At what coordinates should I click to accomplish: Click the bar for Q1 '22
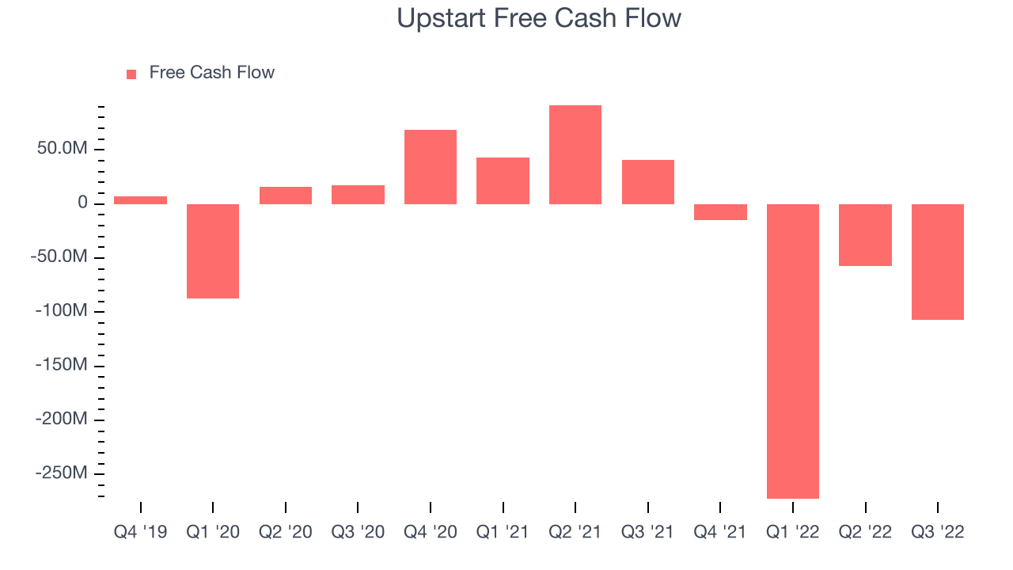coord(793,351)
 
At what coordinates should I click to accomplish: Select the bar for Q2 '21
coord(575,154)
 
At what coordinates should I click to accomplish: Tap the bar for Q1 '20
coord(213,251)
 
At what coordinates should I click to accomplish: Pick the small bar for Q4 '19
coord(140,200)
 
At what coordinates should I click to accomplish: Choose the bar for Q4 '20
coord(430,167)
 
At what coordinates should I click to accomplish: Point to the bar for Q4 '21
coord(720,211)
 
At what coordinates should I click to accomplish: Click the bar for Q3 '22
coord(938,262)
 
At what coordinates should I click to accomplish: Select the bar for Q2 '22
coord(865,235)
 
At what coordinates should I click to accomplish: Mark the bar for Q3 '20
coord(358,195)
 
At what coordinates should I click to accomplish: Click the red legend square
coord(131,74)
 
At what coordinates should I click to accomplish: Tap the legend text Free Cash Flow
coord(211,72)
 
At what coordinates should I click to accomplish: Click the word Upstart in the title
coord(441,18)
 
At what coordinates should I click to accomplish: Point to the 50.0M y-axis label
coord(62,148)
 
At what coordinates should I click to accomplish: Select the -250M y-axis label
coord(61,473)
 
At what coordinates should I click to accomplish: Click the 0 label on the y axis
coord(82,202)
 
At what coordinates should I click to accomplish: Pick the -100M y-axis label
coord(61,310)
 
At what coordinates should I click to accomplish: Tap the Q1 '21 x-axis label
coord(503,531)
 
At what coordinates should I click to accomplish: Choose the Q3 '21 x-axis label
coord(647,531)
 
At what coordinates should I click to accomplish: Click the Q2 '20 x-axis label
coord(286,531)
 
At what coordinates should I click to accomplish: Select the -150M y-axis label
coord(61,364)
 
